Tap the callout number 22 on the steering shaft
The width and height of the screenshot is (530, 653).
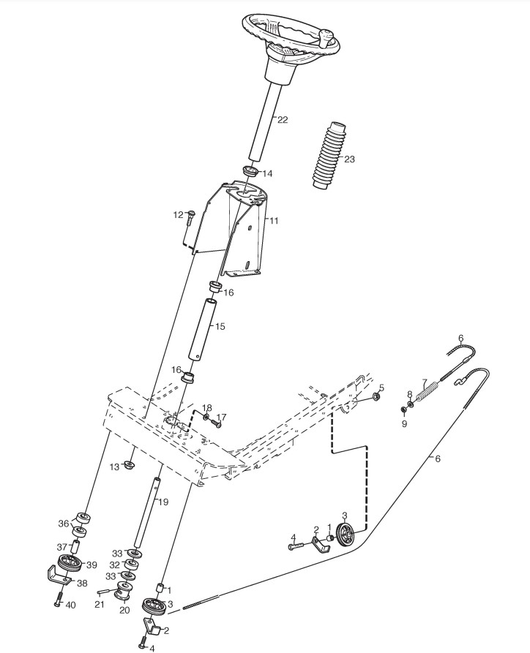pos(283,119)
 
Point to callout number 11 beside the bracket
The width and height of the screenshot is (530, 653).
pos(274,220)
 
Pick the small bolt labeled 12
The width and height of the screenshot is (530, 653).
pos(190,217)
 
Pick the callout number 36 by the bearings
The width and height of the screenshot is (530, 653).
pos(63,524)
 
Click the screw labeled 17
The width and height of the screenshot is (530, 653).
pos(217,420)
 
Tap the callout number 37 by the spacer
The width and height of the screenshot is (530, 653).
pos(61,546)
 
